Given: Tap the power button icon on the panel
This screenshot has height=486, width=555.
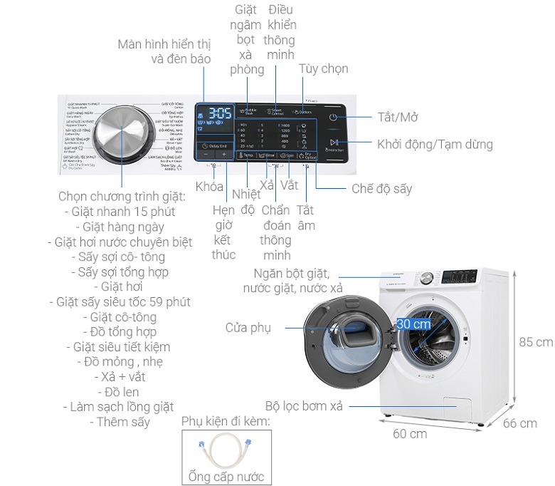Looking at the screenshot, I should pos(333,118).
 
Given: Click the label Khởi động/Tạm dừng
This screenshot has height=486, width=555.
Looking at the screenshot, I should pos(435,144).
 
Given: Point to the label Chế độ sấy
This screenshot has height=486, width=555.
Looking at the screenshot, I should pos(381,189).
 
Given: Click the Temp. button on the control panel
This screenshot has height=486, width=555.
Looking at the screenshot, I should pos(246,154).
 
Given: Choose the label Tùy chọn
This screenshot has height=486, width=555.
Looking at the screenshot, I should pos(323,68).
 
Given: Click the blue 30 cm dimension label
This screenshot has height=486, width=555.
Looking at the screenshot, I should pos(413,324).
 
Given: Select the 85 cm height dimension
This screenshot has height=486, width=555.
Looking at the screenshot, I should pos(536,342).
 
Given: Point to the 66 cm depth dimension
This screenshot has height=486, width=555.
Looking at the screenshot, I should pos(520,423).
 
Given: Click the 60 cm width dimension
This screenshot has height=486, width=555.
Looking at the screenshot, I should pos(409,434).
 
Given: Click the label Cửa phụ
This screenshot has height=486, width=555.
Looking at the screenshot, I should pos(248,328).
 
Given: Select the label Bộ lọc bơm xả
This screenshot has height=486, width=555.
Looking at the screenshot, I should pos(304,406).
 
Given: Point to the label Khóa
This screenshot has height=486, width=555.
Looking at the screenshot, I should pos(209,187).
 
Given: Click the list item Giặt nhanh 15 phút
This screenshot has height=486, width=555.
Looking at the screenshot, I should pos(119,212).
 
